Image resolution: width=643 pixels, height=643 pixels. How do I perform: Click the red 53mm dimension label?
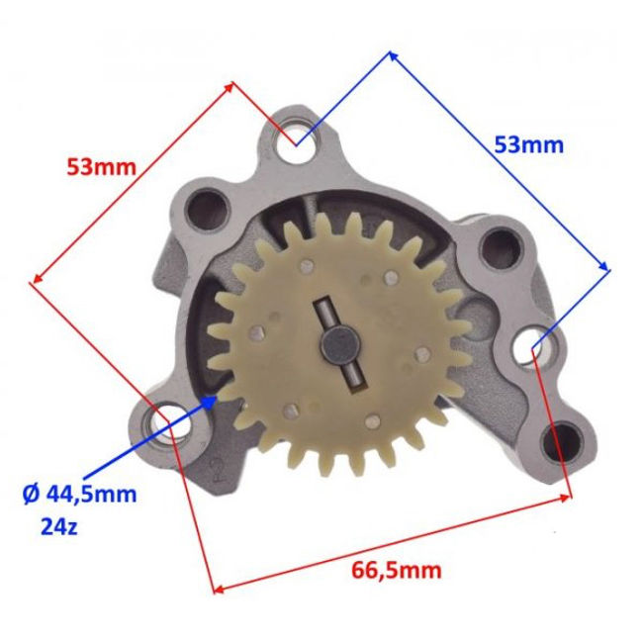(101, 167)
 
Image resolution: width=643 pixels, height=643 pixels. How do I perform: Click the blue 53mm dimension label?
(529, 145)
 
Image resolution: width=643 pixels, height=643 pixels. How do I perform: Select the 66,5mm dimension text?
(397, 571)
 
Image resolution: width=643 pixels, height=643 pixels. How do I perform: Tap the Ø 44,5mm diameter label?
(79, 495)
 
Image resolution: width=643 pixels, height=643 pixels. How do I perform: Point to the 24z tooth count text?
(59, 526)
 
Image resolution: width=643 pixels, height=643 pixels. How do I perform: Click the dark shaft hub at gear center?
(340, 344)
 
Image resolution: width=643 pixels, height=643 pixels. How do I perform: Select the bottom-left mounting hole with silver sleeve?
(170, 422)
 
